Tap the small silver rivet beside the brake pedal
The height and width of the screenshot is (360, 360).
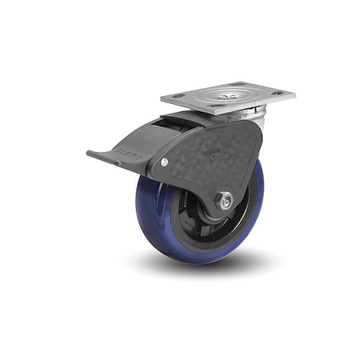click(164, 162)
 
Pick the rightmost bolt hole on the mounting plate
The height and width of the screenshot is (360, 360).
click(279, 94)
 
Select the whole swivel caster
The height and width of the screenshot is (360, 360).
click(192, 172)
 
